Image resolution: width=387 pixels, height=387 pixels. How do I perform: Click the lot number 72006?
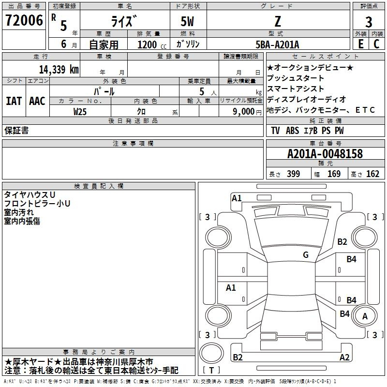click(24, 20)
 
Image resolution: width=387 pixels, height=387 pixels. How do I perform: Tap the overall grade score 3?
click(369, 22)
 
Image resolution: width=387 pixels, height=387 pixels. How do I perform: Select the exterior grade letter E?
click(360, 44)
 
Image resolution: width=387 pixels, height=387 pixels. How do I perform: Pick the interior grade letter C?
click(376, 44)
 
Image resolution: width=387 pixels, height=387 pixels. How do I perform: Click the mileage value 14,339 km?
click(59, 69)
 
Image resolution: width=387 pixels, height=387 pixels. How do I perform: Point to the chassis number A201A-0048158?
click(325, 154)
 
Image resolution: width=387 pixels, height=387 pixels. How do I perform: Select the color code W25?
click(80, 112)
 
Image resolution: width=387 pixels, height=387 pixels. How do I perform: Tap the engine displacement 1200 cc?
click(152, 45)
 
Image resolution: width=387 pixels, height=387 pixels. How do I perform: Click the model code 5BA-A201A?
click(277, 45)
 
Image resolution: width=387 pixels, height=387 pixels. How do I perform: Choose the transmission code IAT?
click(14, 101)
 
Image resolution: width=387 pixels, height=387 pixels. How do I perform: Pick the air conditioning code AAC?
click(37, 101)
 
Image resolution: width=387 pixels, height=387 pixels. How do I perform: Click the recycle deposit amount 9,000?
click(244, 111)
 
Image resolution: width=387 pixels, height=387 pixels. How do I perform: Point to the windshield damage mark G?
click(306, 254)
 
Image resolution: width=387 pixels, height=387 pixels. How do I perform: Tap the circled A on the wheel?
click(365, 316)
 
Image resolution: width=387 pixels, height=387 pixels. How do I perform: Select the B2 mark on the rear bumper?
click(238, 357)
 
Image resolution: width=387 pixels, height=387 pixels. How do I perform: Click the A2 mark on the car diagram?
click(344, 357)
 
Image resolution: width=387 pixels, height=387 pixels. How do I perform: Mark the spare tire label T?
click(211, 370)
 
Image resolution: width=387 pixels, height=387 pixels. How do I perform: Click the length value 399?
click(294, 174)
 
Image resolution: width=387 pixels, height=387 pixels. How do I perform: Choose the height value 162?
click(372, 174)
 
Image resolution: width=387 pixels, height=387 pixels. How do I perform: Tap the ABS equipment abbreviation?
click(293, 131)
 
